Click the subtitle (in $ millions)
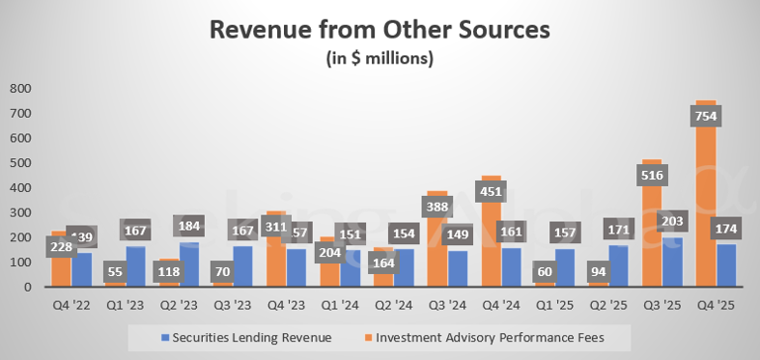(380, 59)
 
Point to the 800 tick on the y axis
(21, 88)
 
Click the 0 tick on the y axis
(32, 288)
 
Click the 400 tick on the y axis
(21, 188)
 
